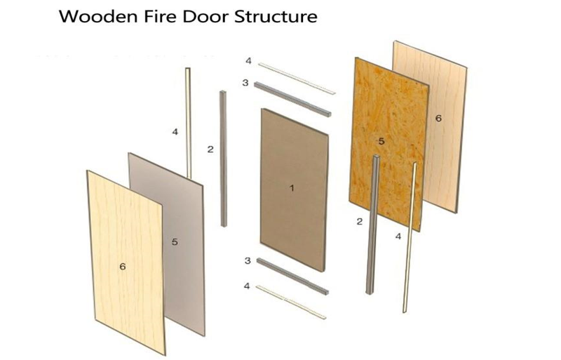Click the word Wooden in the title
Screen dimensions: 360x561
93,17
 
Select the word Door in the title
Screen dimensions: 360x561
198,17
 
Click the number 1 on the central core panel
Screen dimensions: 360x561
293,187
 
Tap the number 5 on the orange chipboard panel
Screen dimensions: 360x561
381,141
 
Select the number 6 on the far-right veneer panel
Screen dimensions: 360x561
438,119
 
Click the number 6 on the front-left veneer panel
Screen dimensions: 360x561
122,266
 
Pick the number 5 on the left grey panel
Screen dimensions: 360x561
175,242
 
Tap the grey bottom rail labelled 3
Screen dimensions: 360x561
292,275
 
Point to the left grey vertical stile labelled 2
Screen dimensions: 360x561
223,158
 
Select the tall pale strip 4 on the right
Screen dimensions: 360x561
410,239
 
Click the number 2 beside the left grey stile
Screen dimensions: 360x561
209,149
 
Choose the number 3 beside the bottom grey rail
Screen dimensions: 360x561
247,260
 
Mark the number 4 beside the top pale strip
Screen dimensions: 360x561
247,61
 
